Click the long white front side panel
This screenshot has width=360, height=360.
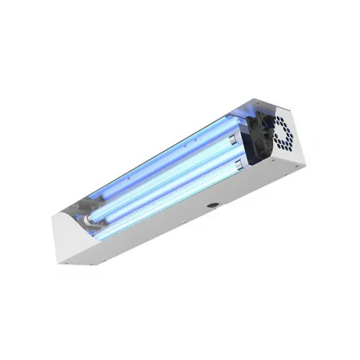pyautogui.click(x=194, y=216)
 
